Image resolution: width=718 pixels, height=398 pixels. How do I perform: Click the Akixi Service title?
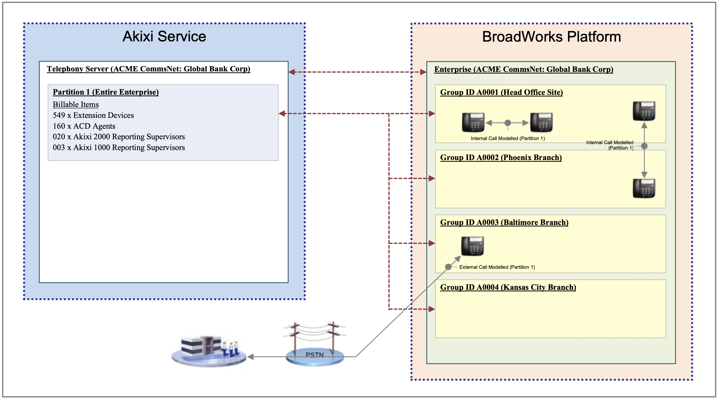164,37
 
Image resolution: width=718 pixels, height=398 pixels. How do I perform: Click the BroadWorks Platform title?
551,37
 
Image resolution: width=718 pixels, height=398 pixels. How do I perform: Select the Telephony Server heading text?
148,69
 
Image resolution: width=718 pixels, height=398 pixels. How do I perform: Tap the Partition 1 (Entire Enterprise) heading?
106,92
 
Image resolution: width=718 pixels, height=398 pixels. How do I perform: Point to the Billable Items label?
76,104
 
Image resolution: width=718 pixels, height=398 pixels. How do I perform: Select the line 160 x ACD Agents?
84,126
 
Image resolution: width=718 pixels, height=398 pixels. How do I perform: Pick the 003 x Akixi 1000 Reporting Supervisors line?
119,148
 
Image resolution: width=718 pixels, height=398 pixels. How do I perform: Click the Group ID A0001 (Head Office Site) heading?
501,92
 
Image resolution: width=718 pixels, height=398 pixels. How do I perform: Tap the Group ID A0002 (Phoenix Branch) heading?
501,157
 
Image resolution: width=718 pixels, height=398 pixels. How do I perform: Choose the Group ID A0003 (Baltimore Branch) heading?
504,222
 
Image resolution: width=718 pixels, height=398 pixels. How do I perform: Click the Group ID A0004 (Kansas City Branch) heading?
508,287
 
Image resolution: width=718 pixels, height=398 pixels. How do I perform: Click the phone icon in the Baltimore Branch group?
472,246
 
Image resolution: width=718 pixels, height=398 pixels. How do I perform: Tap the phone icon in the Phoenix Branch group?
644,188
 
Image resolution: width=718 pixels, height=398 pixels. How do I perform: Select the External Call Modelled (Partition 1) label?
497,267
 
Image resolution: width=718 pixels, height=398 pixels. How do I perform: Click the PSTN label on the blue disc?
314,355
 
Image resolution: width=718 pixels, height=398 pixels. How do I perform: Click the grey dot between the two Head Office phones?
508,123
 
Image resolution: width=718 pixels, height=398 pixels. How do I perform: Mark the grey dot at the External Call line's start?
448,267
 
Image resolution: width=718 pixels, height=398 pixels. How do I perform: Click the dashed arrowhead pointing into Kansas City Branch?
432,309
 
